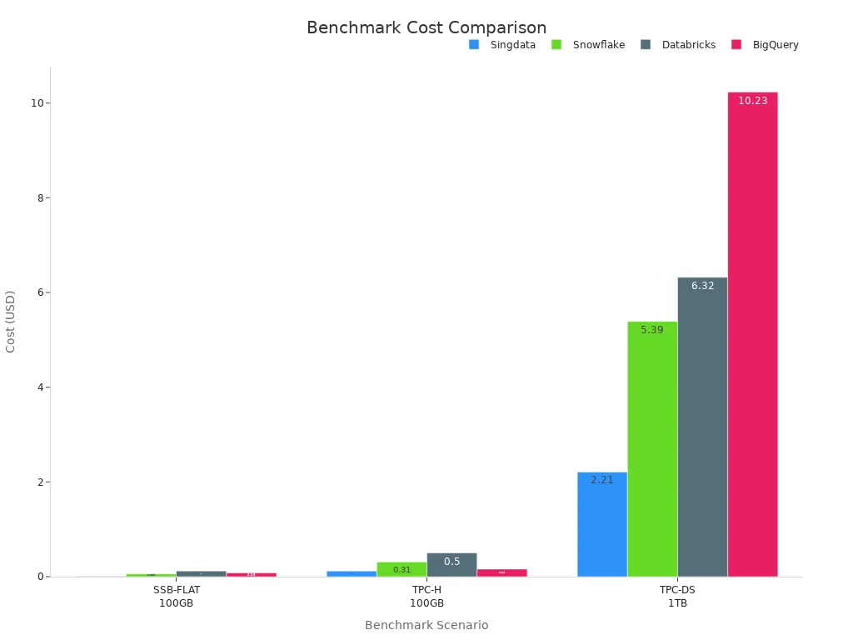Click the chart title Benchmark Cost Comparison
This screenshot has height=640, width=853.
(426, 27)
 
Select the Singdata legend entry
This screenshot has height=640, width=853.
(502, 45)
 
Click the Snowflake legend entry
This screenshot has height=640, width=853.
(588, 45)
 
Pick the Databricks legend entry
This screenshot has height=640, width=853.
(678, 45)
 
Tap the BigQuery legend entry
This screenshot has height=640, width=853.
(766, 45)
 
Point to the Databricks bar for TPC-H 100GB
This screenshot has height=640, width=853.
(451, 565)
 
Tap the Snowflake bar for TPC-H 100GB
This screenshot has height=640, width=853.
(402, 569)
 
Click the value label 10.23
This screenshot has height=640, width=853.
(752, 101)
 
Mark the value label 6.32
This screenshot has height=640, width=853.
(702, 286)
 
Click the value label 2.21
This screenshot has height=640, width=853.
(602, 480)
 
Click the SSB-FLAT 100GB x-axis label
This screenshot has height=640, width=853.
(177, 596)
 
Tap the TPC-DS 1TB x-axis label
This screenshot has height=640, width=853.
(677, 596)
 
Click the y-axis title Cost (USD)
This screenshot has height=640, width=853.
(11, 321)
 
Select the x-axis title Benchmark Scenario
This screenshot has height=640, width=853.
(426, 625)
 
